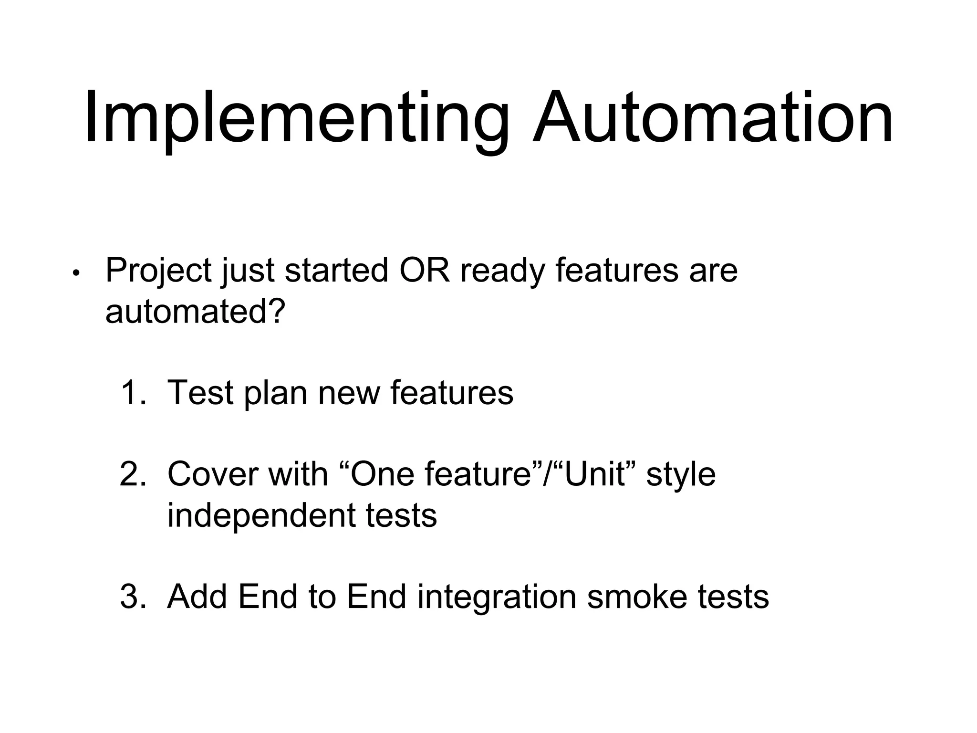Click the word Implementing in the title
[296, 119]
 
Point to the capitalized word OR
[425, 270]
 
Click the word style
[681, 475]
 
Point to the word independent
[260, 516]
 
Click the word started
[336, 270]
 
